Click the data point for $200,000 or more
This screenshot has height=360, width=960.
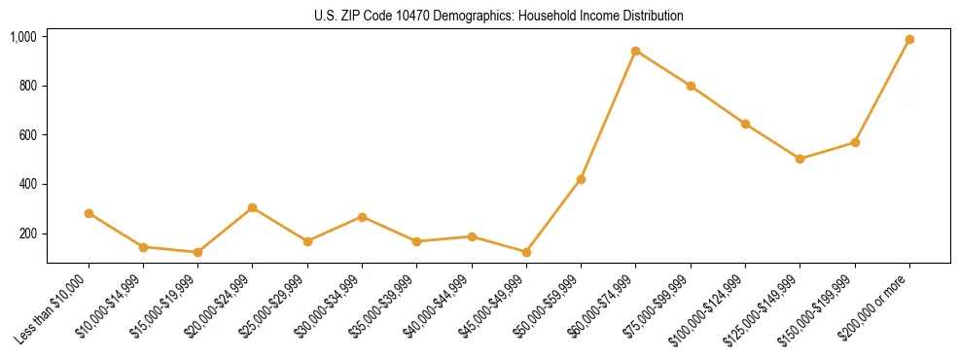pos(909,40)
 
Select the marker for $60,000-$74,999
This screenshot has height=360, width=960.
pos(635,51)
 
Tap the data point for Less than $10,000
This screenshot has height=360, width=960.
pos(89,213)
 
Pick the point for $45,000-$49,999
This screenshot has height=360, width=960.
pos(526,252)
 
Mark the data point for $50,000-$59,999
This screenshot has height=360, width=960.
pos(581,179)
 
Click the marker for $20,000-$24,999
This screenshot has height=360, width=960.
pos(253,207)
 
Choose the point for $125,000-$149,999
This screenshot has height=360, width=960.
pos(800,159)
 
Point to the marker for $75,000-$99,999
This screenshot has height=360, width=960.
pos(691,86)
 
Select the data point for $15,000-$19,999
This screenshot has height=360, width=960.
pos(197,252)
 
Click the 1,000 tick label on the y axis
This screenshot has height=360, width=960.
pos(23,37)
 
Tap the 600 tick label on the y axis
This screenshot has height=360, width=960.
pos(27,135)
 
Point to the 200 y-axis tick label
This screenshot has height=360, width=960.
pos(27,234)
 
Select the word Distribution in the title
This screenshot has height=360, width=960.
pos(652,16)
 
